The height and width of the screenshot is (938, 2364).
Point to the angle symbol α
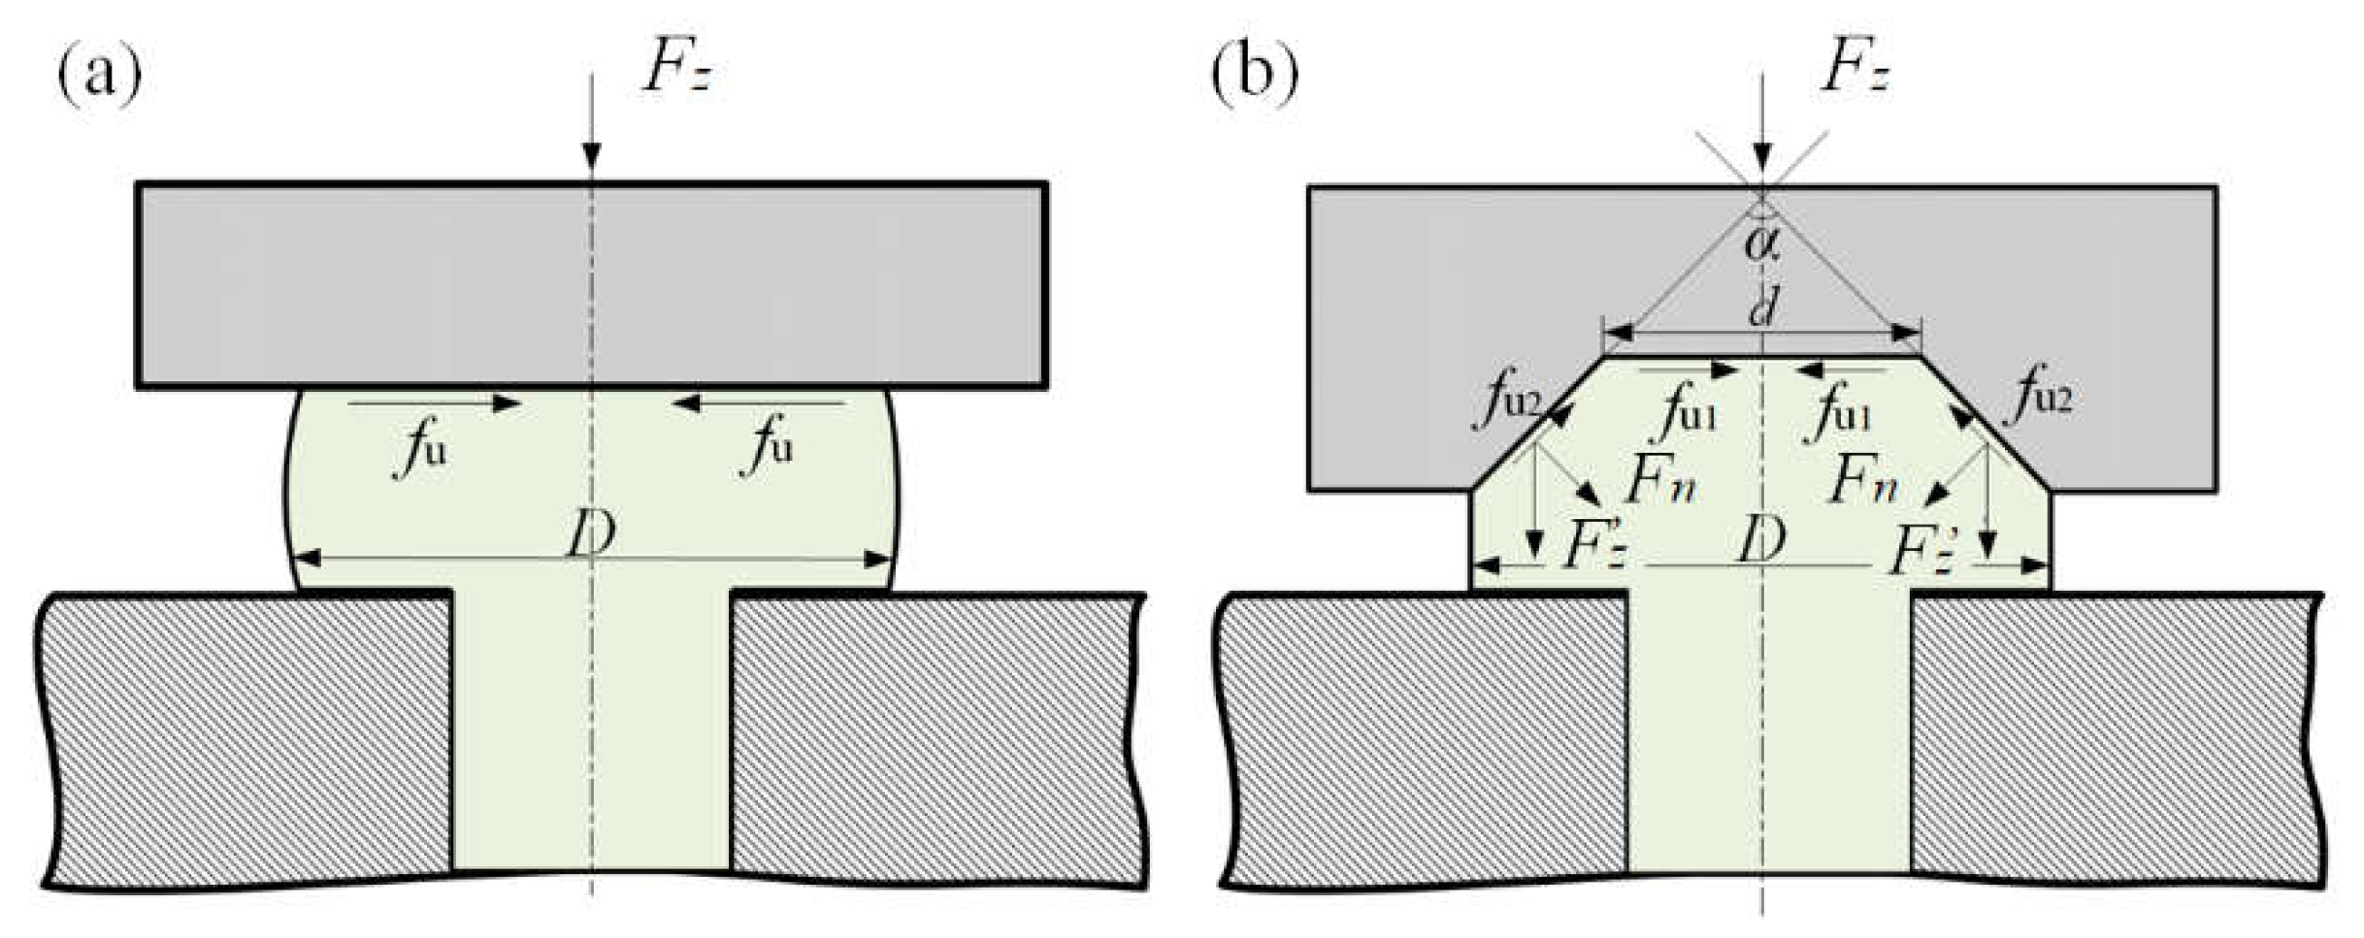[1761, 243]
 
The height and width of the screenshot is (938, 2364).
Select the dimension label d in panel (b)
[1762, 308]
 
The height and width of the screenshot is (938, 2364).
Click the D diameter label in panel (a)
[591, 534]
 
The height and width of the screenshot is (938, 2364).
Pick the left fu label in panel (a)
[422, 447]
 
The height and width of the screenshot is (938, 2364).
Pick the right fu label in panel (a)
[768, 445]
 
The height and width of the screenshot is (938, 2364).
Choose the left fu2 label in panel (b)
[1508, 397]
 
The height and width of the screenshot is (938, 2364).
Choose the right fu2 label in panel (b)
[2044, 393]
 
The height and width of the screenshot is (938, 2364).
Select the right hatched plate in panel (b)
[2116, 737]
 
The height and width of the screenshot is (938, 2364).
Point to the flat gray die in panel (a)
[591, 285]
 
